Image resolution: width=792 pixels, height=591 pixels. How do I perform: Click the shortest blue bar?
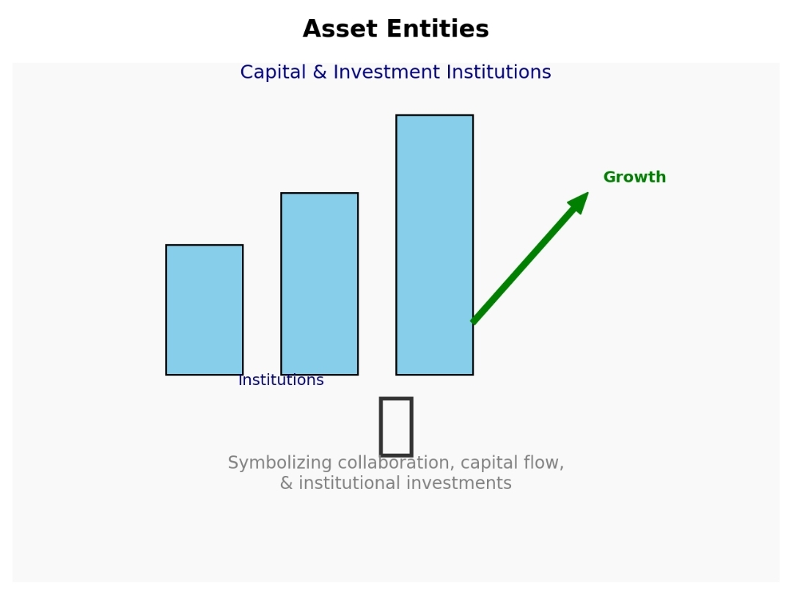pyautogui.click(x=205, y=309)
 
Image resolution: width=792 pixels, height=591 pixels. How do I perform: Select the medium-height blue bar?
pyautogui.click(x=320, y=283)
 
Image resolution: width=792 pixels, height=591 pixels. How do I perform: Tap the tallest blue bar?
pyautogui.click(x=435, y=245)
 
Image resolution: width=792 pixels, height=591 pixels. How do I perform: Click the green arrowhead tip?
pyautogui.click(x=588, y=192)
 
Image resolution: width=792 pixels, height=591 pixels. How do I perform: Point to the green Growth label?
pyautogui.click(x=634, y=177)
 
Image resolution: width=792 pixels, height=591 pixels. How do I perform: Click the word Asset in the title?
pyautogui.click(x=340, y=29)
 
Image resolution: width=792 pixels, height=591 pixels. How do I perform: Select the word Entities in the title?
pyautogui.click(x=437, y=29)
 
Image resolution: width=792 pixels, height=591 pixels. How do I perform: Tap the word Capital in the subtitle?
pyautogui.click(x=274, y=73)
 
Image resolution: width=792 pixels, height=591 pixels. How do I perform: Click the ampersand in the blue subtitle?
pyautogui.click(x=320, y=73)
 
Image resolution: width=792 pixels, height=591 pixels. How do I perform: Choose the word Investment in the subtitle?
pyautogui.click(x=386, y=73)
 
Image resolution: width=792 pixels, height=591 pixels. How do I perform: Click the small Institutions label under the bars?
pyautogui.click(x=281, y=380)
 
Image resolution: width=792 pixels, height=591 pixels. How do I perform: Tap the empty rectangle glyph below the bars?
pyautogui.click(x=396, y=426)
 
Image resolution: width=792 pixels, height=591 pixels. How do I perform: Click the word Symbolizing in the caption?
pyautogui.click(x=279, y=463)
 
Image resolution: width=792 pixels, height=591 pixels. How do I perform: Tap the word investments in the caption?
pyautogui.click(x=458, y=483)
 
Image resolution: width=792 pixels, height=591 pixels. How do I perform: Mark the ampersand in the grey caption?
pyautogui.click(x=286, y=483)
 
